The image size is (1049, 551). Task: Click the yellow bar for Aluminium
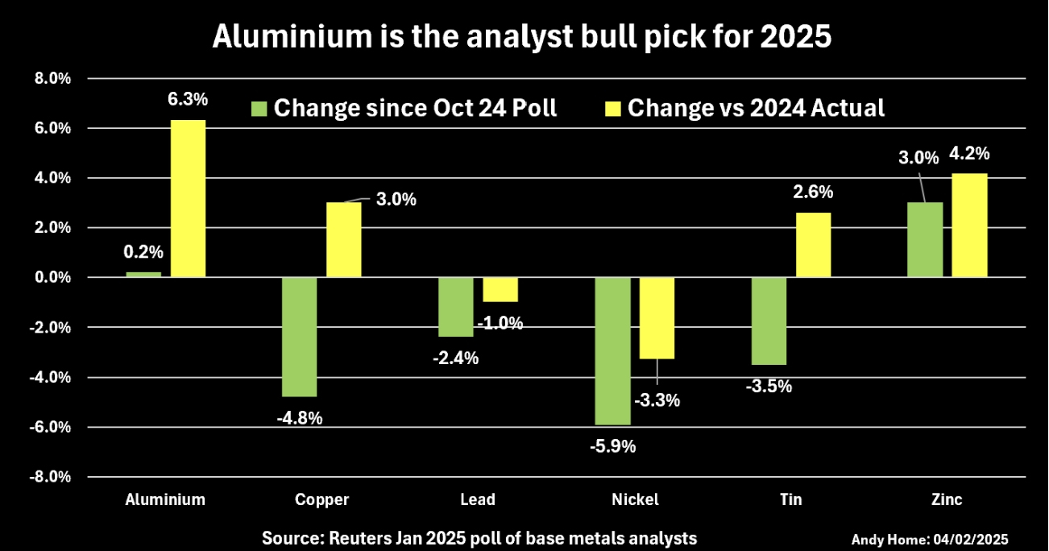click(x=188, y=198)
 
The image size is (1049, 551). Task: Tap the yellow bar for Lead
click(x=500, y=289)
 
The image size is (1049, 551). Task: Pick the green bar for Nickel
click(x=612, y=350)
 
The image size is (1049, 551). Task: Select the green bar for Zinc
click(x=925, y=239)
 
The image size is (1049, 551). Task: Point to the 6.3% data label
click(x=188, y=100)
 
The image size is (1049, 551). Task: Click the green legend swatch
click(x=259, y=108)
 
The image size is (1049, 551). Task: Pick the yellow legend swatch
click(x=612, y=108)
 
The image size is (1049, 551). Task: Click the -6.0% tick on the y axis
click(x=52, y=427)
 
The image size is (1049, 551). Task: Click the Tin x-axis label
click(x=790, y=499)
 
